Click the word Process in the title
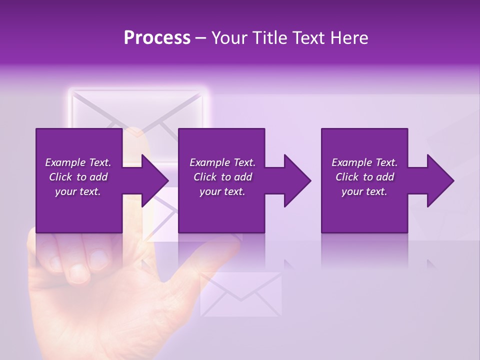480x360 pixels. [157, 38]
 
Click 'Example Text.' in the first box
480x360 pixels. [78, 162]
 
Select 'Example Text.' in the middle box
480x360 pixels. [222, 162]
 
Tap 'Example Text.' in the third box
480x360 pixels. [364, 162]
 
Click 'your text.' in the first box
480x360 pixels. [78, 191]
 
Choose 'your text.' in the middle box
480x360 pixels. [222, 191]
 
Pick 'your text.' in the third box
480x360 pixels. [364, 191]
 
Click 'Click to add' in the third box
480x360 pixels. [364, 177]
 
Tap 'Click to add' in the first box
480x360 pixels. [78, 177]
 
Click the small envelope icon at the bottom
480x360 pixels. [240, 294]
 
